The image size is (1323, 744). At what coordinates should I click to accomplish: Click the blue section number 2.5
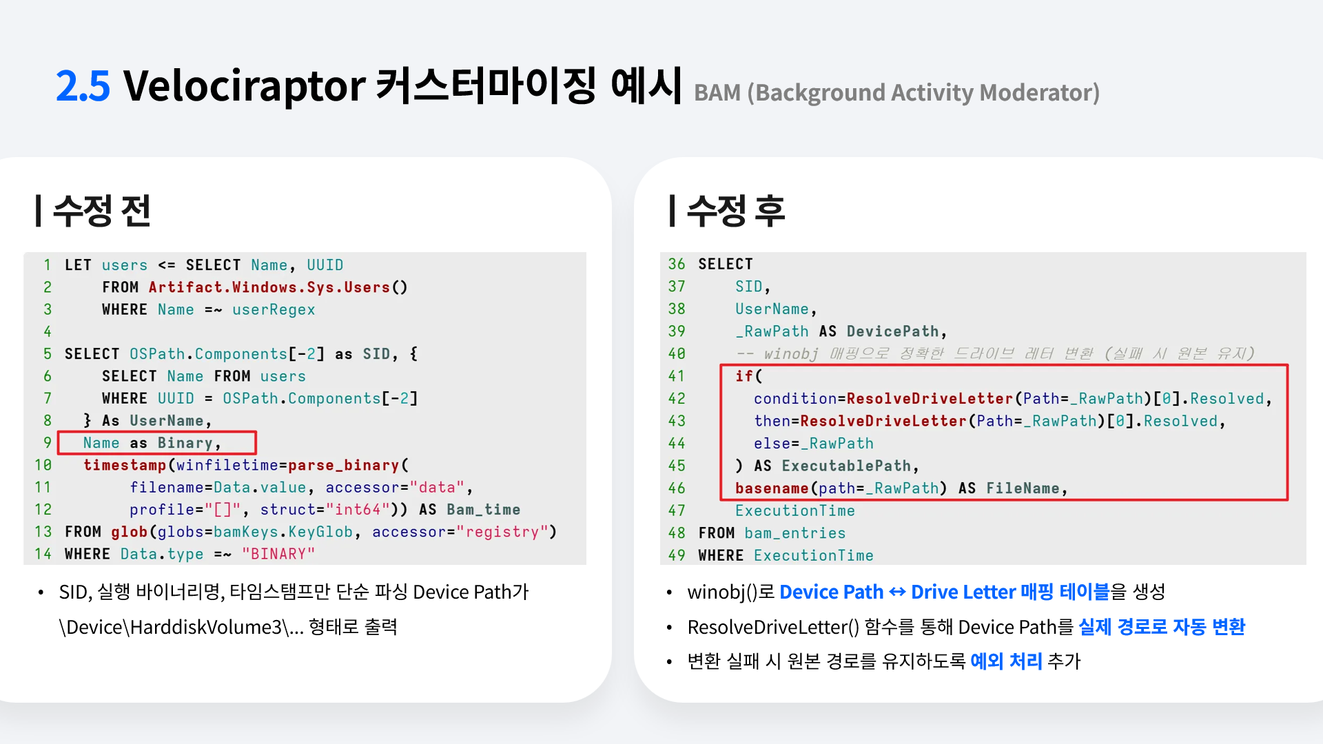83,86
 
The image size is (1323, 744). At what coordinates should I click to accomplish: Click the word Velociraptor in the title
245,86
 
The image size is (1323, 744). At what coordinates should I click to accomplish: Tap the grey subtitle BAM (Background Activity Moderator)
896,93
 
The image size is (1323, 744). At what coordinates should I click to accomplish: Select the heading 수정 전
102,211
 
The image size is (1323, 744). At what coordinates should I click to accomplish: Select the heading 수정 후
736,211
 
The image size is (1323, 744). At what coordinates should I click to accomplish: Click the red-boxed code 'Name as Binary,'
152,443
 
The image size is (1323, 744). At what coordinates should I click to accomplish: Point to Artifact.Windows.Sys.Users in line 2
269,287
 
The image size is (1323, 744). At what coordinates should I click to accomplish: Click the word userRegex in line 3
274,310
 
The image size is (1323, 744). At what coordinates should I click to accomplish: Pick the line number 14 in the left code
43,554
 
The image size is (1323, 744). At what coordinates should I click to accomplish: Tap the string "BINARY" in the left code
278,554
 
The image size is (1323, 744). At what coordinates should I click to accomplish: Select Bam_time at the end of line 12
483,510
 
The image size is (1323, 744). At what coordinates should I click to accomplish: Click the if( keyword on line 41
748,376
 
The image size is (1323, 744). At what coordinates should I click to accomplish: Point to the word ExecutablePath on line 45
846,466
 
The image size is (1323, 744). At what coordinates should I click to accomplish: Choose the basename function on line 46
772,488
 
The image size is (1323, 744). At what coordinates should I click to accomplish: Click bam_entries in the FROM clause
794,533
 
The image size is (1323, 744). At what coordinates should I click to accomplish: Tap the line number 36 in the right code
677,264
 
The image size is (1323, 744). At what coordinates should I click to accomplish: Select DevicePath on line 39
892,331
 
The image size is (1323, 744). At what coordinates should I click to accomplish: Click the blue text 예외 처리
1006,661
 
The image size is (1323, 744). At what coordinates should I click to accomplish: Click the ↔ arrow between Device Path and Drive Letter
897,592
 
